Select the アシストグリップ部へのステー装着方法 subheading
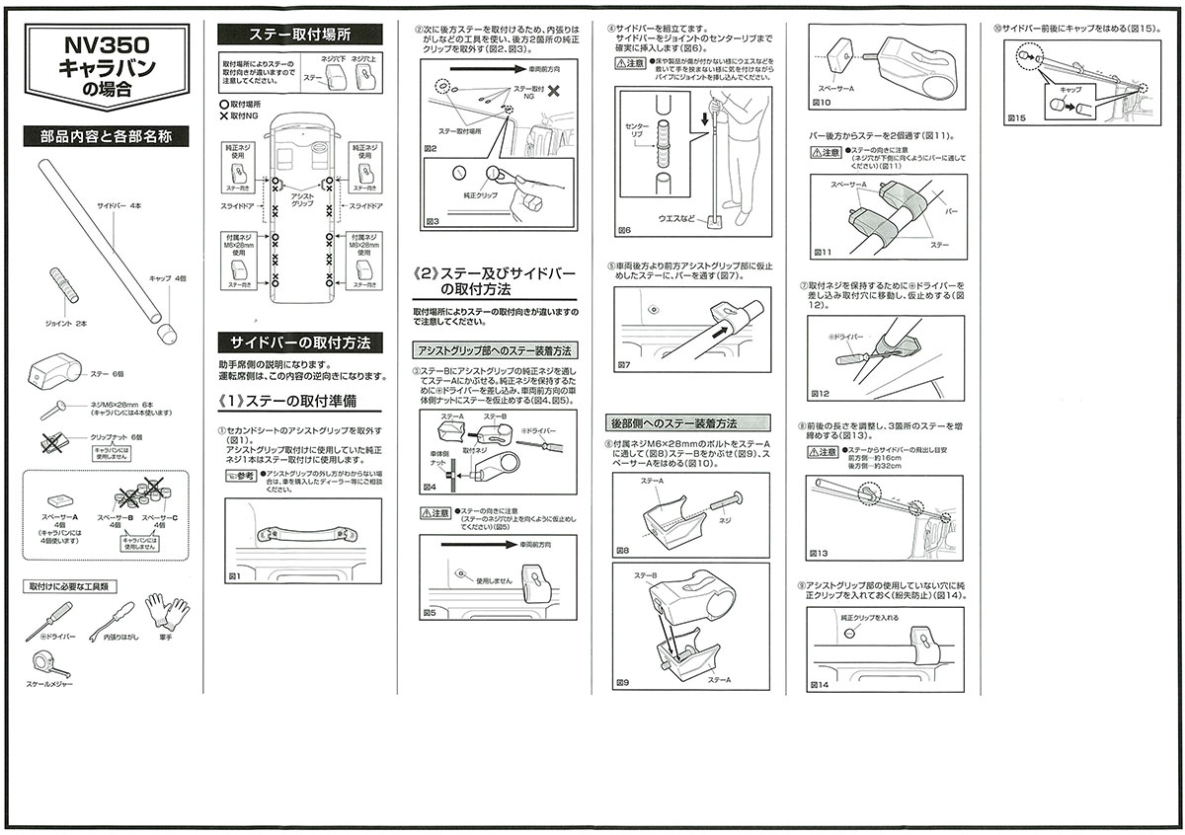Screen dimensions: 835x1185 point(495,350)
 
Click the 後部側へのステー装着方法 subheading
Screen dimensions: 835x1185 point(673,423)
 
